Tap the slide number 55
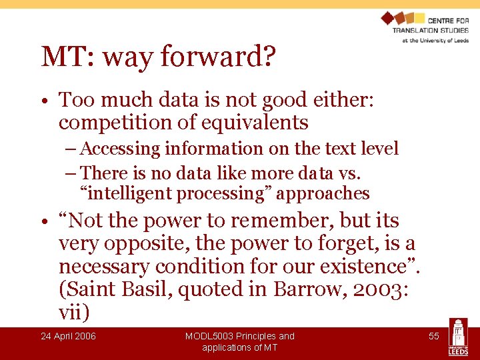click(433, 336)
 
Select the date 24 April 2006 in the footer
click(68, 336)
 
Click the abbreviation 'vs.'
click(347, 173)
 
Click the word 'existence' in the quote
click(363, 267)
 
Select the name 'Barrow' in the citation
click(312, 290)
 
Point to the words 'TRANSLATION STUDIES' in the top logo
click(430, 30)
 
